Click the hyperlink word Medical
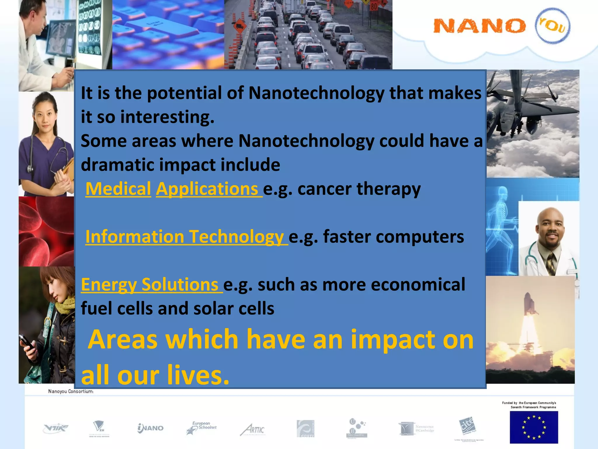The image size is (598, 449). click(x=118, y=189)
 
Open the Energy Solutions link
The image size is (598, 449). click(x=149, y=284)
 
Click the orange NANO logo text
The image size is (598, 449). click(x=479, y=26)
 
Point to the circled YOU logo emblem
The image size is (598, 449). click(x=552, y=26)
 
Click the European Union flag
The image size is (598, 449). click(x=534, y=427)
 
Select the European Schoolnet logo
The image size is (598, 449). click(x=201, y=428)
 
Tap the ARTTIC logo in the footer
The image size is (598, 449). click(x=253, y=429)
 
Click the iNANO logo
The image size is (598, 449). click(x=150, y=428)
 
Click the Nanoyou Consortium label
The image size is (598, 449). click(x=71, y=391)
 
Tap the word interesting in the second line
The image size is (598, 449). click(x=167, y=117)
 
